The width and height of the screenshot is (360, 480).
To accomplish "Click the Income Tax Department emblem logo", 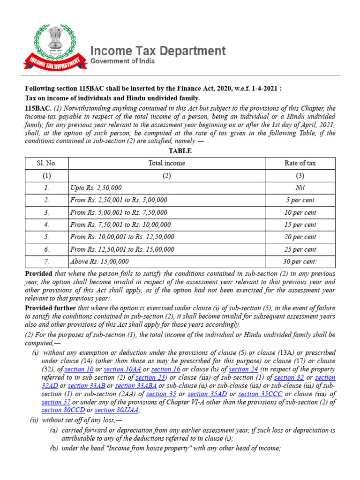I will (59, 47).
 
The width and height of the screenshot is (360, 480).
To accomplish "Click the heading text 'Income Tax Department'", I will (157, 51).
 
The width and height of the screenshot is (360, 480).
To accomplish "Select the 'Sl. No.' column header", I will (47, 163).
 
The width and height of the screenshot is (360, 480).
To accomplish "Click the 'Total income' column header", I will (166, 163).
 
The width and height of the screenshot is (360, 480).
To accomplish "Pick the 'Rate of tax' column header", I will (300, 163).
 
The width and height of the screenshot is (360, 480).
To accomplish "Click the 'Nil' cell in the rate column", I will (300, 187).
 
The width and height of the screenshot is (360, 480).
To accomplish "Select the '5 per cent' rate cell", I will (300, 200).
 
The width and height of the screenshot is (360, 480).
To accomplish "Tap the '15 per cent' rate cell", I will (300, 225).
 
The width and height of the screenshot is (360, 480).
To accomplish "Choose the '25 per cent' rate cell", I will (300, 249).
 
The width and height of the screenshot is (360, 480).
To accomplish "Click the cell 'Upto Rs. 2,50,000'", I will (96, 187).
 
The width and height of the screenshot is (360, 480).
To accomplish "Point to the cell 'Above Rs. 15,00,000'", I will (99, 262).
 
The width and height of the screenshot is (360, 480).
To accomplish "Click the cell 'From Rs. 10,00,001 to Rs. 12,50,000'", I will (121, 237).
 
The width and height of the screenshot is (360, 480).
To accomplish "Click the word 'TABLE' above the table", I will (180, 151).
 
